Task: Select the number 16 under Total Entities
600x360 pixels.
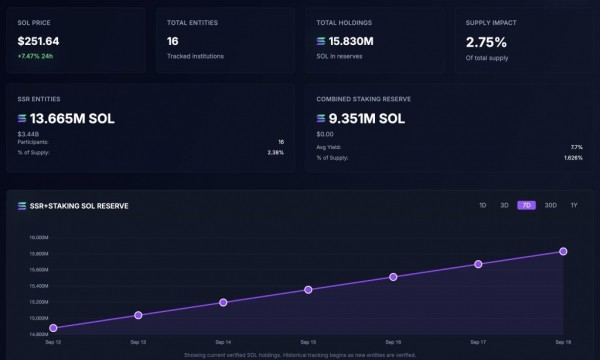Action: [x=173, y=42]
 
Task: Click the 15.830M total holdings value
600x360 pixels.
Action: [x=352, y=42]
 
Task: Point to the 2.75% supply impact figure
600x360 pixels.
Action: [x=486, y=42]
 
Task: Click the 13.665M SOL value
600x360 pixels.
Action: [x=72, y=118]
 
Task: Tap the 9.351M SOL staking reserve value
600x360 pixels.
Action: [x=367, y=118]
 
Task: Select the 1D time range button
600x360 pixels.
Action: [x=482, y=205]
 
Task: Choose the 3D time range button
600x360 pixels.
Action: [x=504, y=205]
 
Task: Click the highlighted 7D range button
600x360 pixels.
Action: [x=526, y=205]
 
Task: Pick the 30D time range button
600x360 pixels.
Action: [x=550, y=205]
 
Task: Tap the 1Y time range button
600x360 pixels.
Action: [x=573, y=205]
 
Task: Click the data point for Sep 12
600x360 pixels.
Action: [x=53, y=328]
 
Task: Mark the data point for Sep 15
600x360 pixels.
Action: [x=308, y=289]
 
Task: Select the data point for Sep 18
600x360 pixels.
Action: [x=563, y=251]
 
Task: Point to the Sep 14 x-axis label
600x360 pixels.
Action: [x=223, y=341]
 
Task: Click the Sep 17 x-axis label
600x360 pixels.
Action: [x=478, y=341]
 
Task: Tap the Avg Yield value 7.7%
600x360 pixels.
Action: [x=576, y=147]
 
